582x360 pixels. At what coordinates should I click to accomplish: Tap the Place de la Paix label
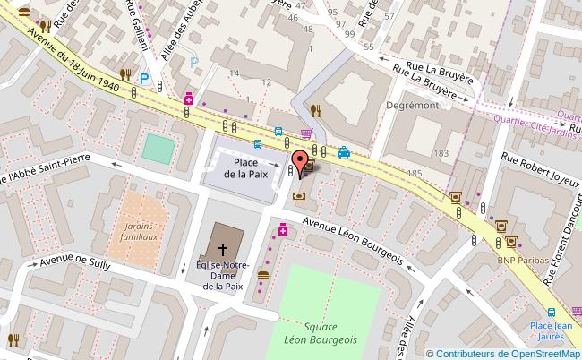[241, 168]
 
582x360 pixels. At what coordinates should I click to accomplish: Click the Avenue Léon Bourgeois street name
[352, 242]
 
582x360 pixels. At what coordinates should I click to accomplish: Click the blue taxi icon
[344, 152]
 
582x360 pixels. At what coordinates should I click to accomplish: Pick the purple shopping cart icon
[306, 134]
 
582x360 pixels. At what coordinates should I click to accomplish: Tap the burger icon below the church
[263, 275]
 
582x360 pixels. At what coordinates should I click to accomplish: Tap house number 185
[415, 171]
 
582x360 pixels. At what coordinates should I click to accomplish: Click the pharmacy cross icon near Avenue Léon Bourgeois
[283, 231]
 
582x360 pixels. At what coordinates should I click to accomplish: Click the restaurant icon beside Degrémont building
[315, 110]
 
